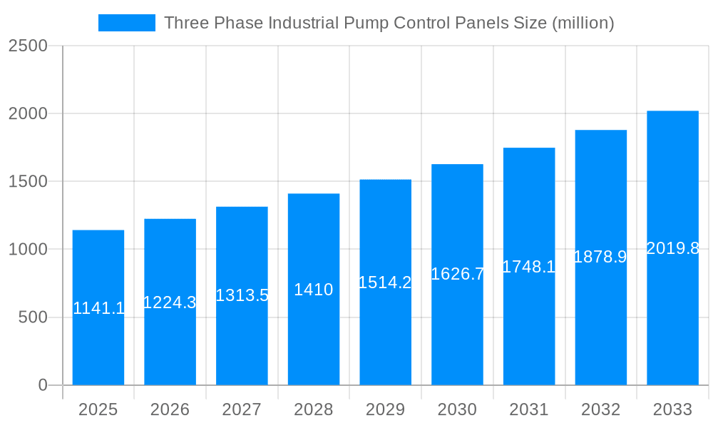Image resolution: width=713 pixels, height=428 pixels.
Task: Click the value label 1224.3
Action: (x=170, y=302)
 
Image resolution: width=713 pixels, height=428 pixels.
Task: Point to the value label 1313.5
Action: (x=242, y=295)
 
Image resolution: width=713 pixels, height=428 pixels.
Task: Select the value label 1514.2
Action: (x=385, y=282)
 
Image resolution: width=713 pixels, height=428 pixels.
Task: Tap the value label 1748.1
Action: (x=529, y=267)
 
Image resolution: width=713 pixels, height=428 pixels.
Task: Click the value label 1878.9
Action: (x=600, y=257)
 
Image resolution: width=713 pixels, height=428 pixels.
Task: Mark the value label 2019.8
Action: (x=672, y=248)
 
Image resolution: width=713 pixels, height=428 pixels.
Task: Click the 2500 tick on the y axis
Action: (x=28, y=46)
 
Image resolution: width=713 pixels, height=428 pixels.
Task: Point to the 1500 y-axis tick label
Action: (x=28, y=182)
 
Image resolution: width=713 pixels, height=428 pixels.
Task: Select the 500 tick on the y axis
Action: (x=33, y=317)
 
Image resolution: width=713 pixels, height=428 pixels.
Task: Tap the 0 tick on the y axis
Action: (x=42, y=385)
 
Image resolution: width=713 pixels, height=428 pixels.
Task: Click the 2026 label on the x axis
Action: (x=170, y=409)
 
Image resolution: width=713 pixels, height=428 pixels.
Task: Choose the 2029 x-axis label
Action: (x=385, y=409)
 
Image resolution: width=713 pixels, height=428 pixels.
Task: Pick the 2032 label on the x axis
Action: (x=600, y=409)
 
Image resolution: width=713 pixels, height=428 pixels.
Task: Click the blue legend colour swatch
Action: (x=126, y=23)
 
